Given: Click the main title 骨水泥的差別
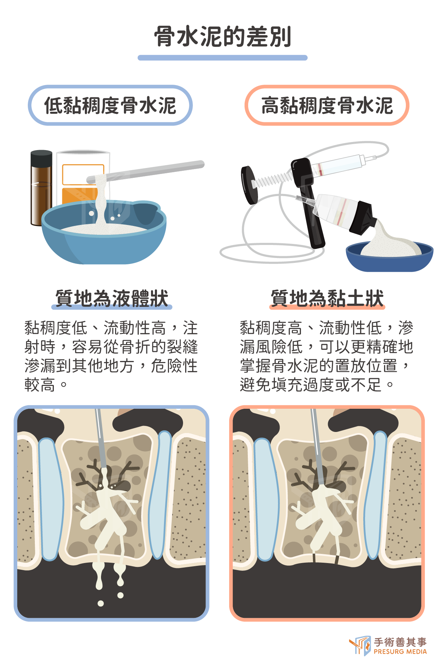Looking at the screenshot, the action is point(222,37).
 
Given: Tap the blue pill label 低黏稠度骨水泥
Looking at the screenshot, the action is point(110,105).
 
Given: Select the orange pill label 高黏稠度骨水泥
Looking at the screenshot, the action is point(327,105).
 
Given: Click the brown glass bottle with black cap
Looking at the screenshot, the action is point(41,188).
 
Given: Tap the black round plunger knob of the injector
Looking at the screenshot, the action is point(249,185).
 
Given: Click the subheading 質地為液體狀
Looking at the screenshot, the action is point(112,298).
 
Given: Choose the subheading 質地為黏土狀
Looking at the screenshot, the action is point(327,298).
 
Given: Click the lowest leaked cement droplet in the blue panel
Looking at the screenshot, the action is point(101,603).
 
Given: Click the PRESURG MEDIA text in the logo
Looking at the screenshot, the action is point(400,652).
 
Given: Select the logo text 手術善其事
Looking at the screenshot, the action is point(400,642).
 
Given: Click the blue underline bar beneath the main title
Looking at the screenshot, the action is point(222,58).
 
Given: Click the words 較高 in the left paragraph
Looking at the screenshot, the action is point(40,385).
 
